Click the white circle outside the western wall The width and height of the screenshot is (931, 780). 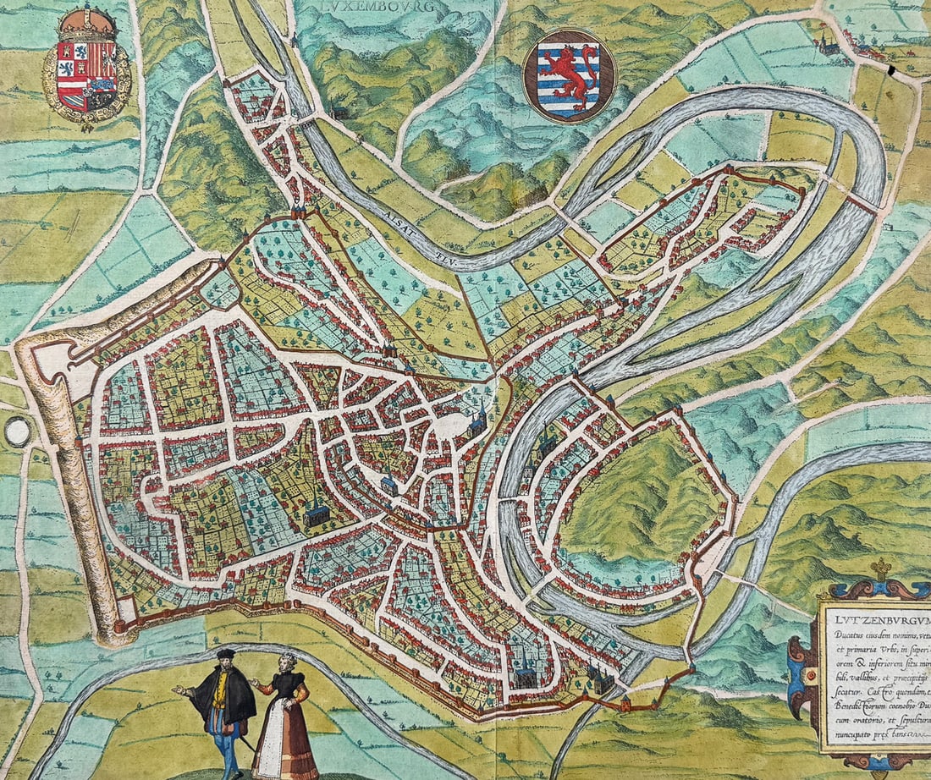pos(17,431)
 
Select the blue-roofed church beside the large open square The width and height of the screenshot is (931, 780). pos(478,420)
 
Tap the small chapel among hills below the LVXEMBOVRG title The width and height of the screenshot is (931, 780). pos(340,112)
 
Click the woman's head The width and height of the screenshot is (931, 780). pos(289,662)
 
